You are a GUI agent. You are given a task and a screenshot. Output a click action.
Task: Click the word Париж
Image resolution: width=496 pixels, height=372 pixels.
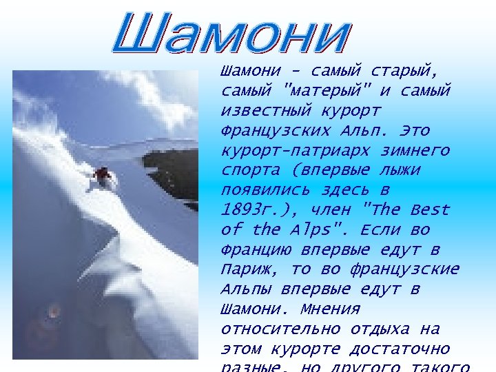pyautogui.click(x=245, y=269)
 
